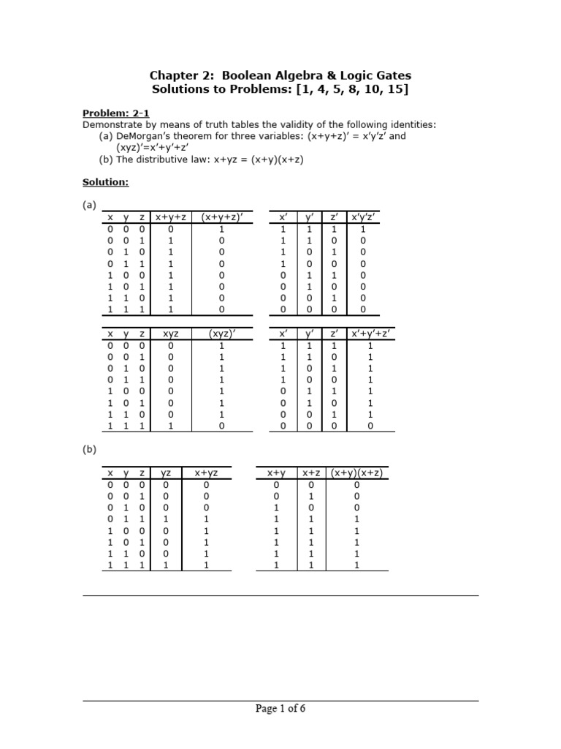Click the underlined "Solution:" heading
coord(106,181)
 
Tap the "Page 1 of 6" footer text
coord(280,708)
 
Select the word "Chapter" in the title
coord(172,75)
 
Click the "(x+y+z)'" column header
coord(221,217)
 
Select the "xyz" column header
coord(170,334)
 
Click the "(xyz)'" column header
coord(221,334)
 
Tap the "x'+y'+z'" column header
coord(370,334)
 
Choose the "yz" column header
coord(166,473)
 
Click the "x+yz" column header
coord(206,473)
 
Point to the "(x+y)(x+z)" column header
coord(357,473)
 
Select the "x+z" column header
coord(312,473)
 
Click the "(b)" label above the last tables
coord(89,450)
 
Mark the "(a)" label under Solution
coord(89,206)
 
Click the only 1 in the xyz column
coord(170,426)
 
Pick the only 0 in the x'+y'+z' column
coord(370,426)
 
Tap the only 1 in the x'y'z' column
coord(363,228)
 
